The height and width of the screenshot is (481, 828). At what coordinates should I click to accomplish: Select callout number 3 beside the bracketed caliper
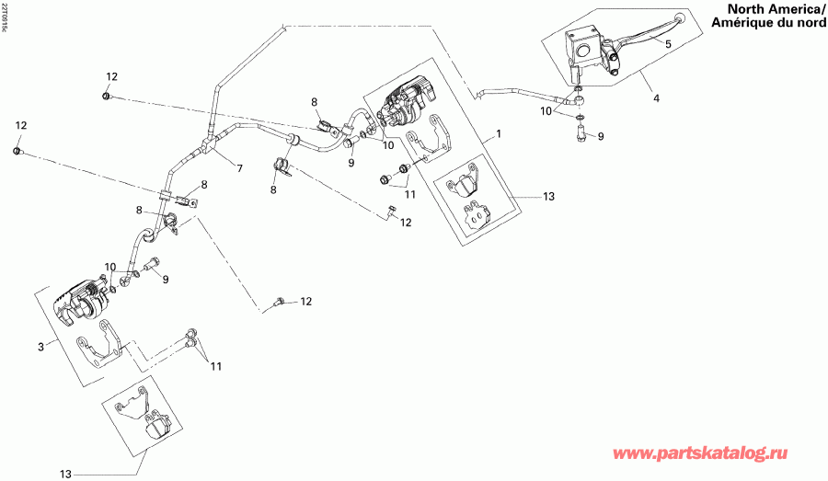click(x=40, y=347)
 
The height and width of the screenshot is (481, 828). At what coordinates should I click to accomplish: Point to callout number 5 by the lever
click(x=668, y=43)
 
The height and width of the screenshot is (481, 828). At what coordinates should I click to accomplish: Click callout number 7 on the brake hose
click(x=239, y=168)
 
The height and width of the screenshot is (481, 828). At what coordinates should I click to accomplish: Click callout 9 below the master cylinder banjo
click(x=601, y=136)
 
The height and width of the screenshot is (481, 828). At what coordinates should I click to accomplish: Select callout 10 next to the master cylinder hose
click(x=546, y=111)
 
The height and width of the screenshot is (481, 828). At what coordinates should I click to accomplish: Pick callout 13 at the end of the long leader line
click(x=65, y=474)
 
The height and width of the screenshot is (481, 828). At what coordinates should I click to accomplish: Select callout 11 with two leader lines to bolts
click(x=215, y=366)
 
